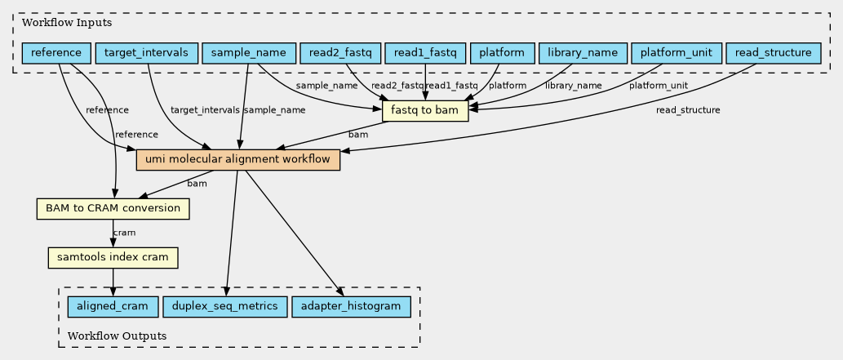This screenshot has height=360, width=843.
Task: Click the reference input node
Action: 55,54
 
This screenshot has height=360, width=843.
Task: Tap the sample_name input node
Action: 248,54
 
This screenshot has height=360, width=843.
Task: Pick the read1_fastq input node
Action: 424,54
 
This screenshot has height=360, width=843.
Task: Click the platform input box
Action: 502,54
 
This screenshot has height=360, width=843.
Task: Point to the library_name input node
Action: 582,54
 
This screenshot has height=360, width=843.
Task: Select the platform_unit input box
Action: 677,54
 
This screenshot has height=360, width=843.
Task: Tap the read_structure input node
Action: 772,54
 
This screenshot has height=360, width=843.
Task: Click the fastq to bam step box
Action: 424,110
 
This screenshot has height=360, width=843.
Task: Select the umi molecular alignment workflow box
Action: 237,160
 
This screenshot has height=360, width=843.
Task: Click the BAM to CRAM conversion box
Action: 113,209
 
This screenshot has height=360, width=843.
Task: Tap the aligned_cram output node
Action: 112,307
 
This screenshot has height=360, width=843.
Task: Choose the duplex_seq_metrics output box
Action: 224,307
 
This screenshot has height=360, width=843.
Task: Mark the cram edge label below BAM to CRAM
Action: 124,233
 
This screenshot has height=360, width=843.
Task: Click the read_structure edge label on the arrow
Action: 688,110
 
